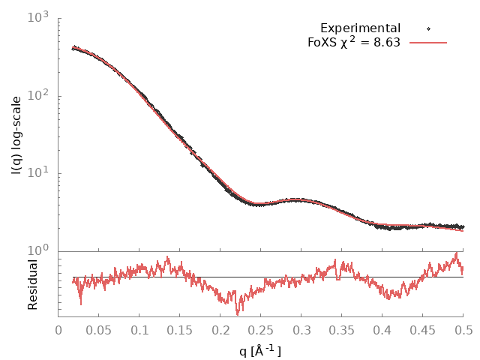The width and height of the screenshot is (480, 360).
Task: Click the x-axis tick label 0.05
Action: pyautogui.click(x=99, y=329)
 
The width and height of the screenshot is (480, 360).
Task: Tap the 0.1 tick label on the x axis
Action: pyautogui.click(x=139, y=329)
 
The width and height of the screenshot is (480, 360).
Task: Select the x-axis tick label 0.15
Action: pyautogui.click(x=180, y=329)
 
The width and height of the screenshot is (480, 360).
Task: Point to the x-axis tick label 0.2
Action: pyautogui.click(x=220, y=329)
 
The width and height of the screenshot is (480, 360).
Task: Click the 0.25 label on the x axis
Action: pyautogui.click(x=261, y=329)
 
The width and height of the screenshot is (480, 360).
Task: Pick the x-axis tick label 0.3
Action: pyautogui.click(x=301, y=329)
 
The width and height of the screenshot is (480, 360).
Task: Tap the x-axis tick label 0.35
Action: pyautogui.click(x=342, y=329)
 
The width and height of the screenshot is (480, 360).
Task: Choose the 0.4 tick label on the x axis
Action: pyautogui.click(x=382, y=329)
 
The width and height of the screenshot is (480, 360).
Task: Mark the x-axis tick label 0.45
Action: pyautogui.click(x=423, y=329)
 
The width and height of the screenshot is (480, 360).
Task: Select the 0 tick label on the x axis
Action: pyautogui.click(x=58, y=329)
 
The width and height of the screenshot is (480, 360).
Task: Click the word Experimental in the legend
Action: pyautogui.click(x=360, y=28)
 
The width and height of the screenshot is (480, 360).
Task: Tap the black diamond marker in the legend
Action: pyautogui.click(x=427, y=28)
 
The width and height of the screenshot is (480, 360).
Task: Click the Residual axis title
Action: pyautogui.click(x=33, y=284)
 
